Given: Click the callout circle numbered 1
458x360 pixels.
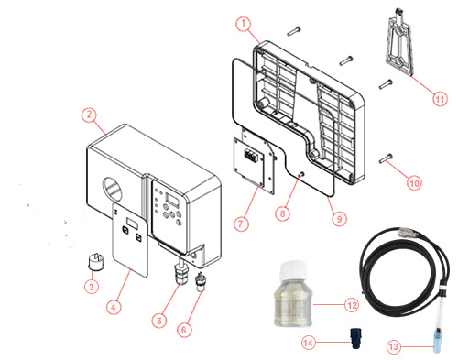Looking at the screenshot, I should (x=243, y=23).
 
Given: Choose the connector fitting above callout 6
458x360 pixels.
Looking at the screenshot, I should (x=201, y=278).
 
